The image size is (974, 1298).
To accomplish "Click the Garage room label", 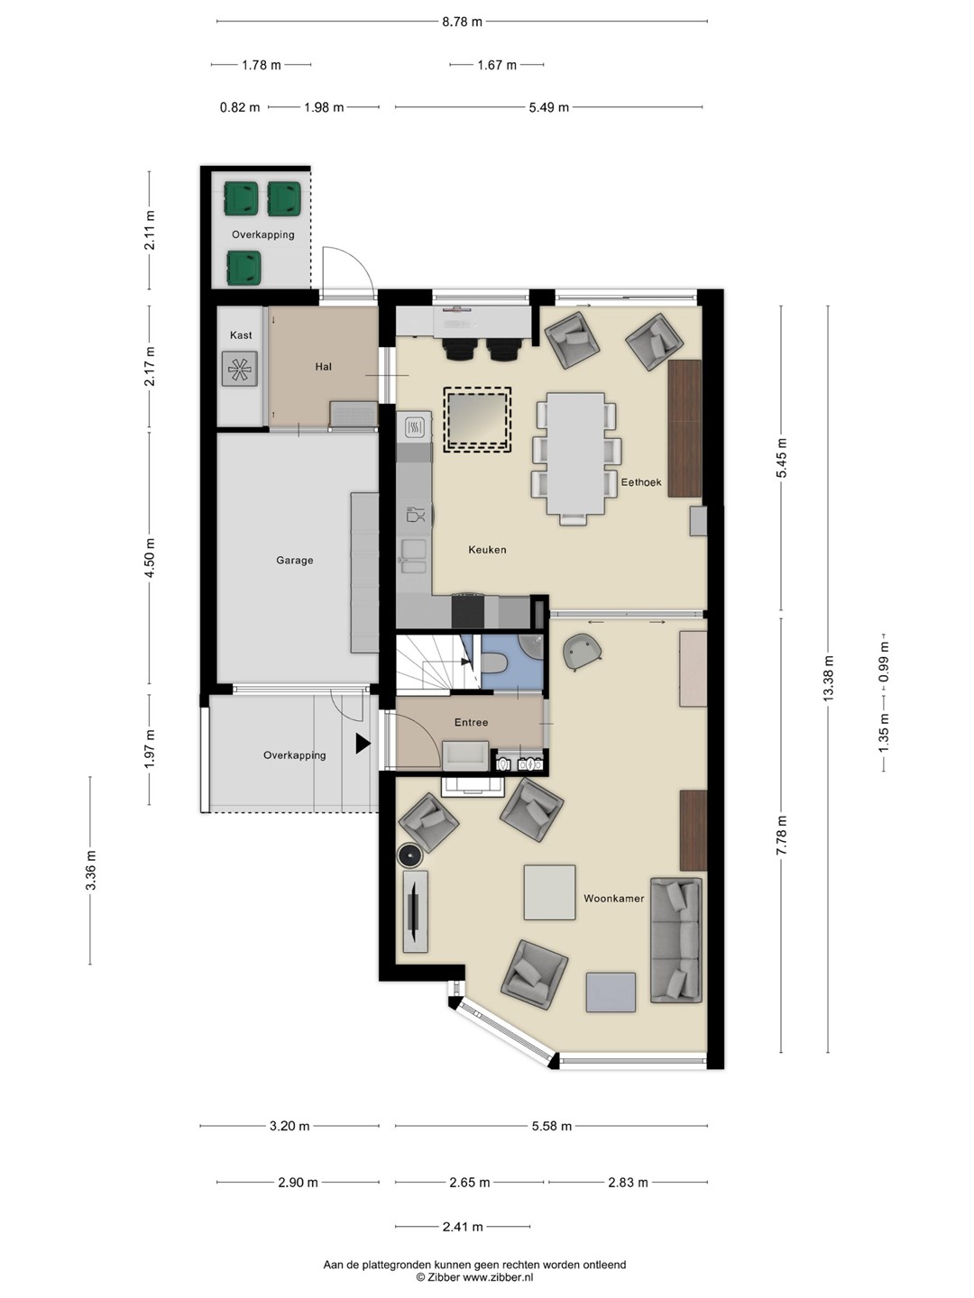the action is coord(295,561).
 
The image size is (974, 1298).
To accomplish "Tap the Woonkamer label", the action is coord(614,899).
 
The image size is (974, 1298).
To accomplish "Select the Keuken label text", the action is coord(487,550).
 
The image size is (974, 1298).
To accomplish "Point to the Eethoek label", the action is coord(641,482).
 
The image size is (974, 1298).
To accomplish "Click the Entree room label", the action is coord(472,722).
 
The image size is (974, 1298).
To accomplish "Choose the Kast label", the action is coord(241,335).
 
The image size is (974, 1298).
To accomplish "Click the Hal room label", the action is coord(324,367).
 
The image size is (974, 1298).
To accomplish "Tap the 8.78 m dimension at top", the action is coord(462,22).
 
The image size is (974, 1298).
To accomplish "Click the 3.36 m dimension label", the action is coord(90,870).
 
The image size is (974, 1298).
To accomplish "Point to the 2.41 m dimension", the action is coord(463,1227).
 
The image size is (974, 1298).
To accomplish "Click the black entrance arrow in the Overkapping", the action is coord(363,744).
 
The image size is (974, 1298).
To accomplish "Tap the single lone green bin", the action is coord(243,268).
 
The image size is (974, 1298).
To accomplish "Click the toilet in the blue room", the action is coord(492,663).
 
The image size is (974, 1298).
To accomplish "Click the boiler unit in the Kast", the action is coord(240,370).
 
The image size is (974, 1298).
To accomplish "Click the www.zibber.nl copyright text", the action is coord(475,1276).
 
